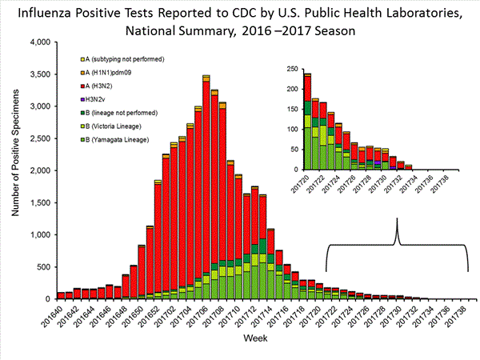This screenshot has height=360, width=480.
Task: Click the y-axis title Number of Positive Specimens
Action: (14, 170)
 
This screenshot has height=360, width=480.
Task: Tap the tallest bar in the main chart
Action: (206, 187)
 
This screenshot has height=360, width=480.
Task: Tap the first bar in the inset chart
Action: (308, 122)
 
